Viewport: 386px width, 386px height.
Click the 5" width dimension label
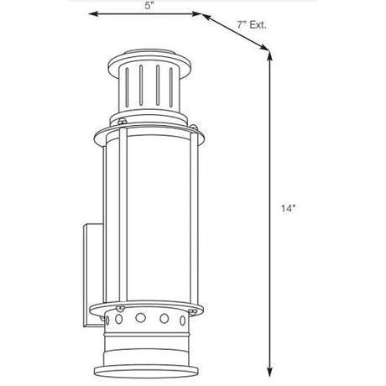(149, 6)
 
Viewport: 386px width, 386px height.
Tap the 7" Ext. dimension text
(252, 25)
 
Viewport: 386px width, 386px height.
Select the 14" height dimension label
(289, 208)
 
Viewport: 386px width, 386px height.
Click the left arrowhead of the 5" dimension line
(93, 13)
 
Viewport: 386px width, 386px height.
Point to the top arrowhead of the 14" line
(269, 56)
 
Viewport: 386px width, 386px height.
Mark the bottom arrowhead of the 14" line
(269, 372)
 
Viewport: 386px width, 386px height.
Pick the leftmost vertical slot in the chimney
(127, 87)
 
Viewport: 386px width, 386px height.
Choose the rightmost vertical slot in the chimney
(171, 87)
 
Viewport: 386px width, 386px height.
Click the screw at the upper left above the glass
(123, 122)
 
